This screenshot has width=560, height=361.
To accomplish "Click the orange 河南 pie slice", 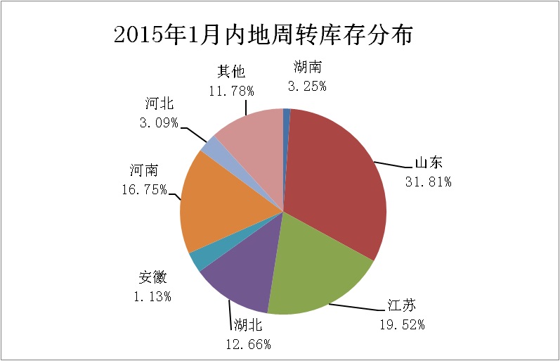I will [218, 204].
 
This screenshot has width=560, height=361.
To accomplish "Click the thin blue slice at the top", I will [287, 113].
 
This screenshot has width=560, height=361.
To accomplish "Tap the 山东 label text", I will [429, 163].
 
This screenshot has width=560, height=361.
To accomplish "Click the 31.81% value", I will [429, 182].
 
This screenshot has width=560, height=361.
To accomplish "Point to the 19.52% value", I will [402, 324].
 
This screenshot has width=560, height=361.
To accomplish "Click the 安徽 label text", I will [152, 277].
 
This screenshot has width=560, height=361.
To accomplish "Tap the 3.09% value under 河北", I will [157, 122].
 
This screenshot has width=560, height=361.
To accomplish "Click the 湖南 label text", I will [307, 68].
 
